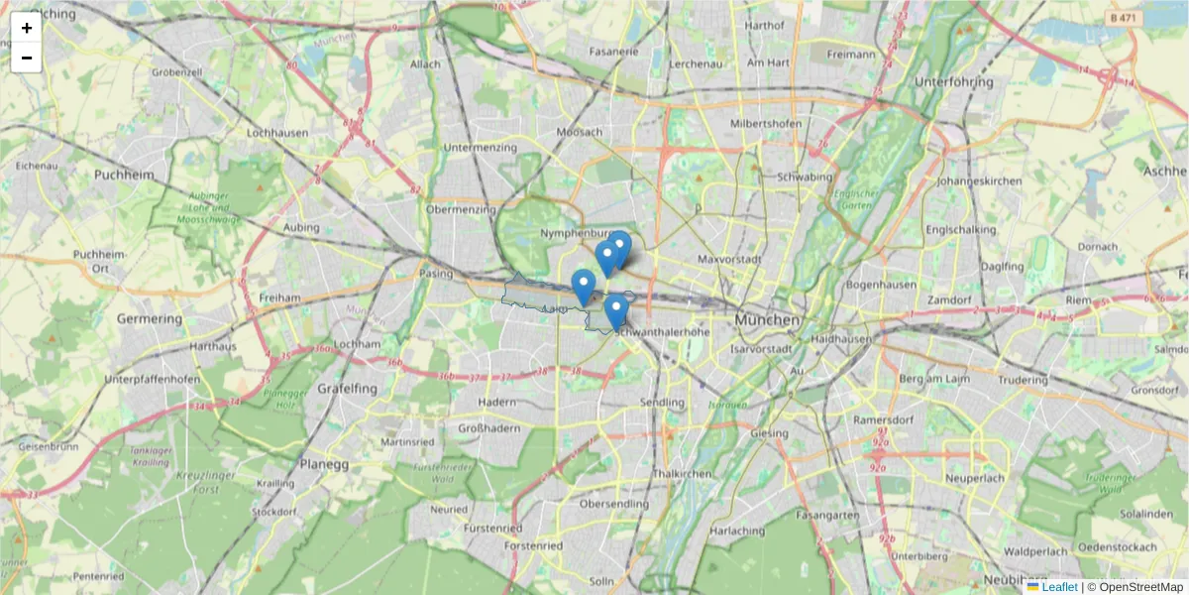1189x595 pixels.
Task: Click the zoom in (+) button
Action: click(27, 28)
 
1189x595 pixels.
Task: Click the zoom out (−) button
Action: click(27, 58)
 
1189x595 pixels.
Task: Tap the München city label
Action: click(767, 321)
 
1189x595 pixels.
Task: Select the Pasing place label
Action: click(436, 273)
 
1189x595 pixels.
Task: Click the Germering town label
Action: click(150, 319)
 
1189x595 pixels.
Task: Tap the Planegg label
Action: click(326, 463)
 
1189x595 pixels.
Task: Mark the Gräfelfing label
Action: click(346, 389)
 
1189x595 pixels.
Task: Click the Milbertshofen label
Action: click(766, 123)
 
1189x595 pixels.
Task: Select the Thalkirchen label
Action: click(682, 474)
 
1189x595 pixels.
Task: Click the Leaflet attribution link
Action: click(1058, 587)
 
